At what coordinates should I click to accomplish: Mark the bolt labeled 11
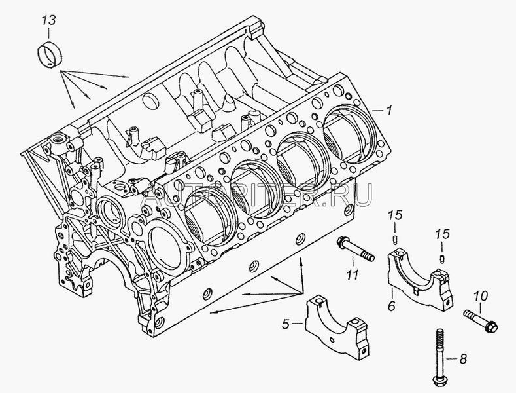pyautogui.click(x=356, y=250)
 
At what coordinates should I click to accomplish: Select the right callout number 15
pyautogui.click(x=443, y=234)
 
